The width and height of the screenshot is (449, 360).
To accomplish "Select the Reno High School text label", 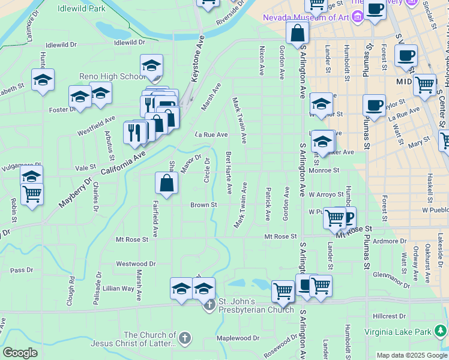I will (109, 76).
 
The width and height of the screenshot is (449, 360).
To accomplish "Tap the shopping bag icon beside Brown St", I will (166, 184).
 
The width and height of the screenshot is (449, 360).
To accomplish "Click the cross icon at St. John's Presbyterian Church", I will (209, 305).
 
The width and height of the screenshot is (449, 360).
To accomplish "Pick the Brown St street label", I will (203, 205).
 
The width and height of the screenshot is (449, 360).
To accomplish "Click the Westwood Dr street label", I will (136, 263).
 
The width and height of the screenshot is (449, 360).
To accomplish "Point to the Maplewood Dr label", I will (238, 338).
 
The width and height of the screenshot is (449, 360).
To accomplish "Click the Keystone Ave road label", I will (198, 53).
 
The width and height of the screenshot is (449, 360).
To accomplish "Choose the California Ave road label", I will (123, 163).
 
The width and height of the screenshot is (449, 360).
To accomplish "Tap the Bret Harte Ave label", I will (228, 172).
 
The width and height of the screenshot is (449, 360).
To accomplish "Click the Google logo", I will (20, 353).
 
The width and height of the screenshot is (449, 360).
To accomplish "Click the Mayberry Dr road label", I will (75, 191).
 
